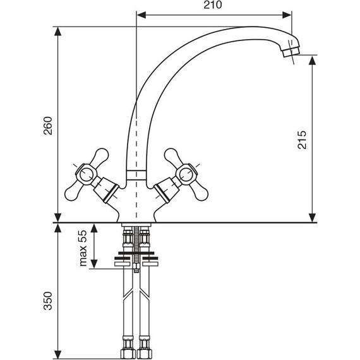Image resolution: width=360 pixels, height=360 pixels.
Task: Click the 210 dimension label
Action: click(213, 5)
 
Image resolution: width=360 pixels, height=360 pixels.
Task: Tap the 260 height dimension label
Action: click(48, 126)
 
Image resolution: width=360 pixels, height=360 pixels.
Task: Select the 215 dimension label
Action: click(302, 140)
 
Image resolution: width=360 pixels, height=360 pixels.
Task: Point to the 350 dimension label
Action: click(48, 301)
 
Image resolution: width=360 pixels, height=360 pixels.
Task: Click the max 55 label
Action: click(83, 248)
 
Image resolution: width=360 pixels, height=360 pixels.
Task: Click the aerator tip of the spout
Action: click(291, 52)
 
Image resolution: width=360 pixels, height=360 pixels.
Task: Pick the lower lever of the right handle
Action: click(199, 192)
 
